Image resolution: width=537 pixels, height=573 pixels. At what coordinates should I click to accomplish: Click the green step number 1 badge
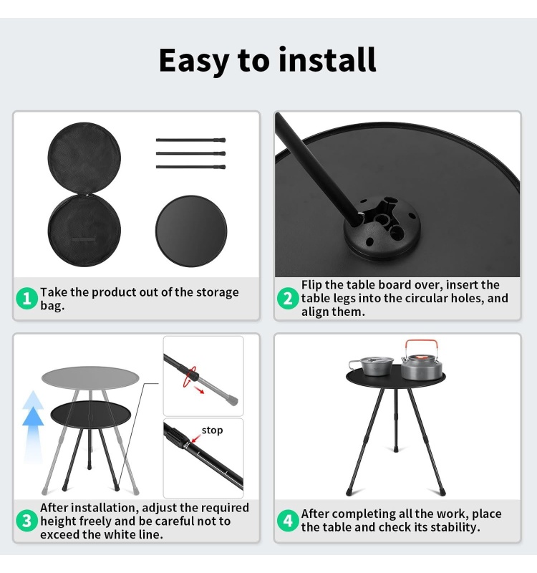coord(26,299)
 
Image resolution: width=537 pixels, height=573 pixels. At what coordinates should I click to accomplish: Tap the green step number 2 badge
coord(288,299)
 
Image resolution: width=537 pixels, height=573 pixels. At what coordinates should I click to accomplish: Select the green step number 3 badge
coord(26,521)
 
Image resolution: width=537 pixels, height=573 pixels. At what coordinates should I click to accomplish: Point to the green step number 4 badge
coord(288,521)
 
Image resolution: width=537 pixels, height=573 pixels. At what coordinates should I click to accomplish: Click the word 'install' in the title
coord(327,60)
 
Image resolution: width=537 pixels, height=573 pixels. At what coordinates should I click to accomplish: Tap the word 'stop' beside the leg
coord(212,430)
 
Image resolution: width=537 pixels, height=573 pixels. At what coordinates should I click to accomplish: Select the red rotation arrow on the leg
coord(191,375)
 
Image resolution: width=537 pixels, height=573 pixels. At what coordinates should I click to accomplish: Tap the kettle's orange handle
coord(421,345)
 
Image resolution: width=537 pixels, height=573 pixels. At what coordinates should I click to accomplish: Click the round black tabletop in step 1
coord(191,231)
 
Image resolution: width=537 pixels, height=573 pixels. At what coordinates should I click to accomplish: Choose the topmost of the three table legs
coord(190,140)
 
